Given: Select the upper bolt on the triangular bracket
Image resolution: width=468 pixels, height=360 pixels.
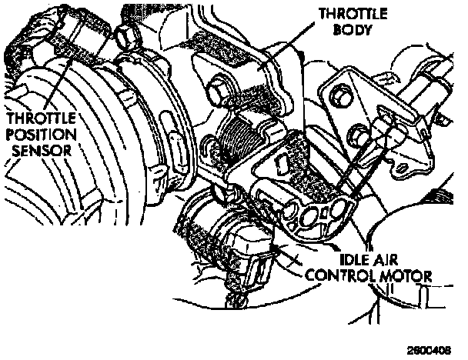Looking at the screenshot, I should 339,96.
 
